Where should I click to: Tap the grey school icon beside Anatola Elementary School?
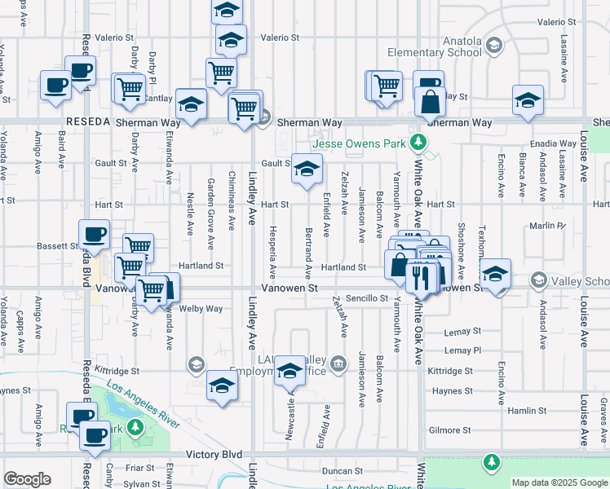click(x=493, y=44)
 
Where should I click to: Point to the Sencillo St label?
click(x=365, y=298)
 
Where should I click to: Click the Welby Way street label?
click(x=201, y=309)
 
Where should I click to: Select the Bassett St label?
click(x=57, y=245)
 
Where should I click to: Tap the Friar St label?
click(x=140, y=468)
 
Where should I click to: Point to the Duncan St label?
click(x=341, y=471)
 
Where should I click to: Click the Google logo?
click(x=27, y=479)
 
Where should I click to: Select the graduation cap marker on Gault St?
click(x=307, y=170)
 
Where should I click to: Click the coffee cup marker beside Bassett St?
click(x=93, y=235)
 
